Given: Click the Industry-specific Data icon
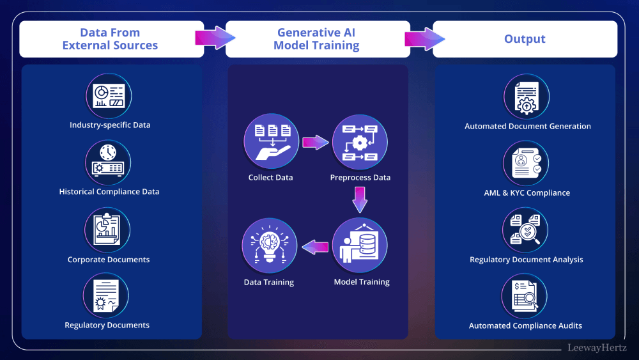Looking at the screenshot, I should [109, 96].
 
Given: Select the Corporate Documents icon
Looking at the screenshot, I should [107, 231].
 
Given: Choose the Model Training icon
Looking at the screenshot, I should [360, 246].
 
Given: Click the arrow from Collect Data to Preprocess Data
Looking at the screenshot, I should [315, 142].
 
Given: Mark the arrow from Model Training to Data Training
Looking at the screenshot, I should [314, 247].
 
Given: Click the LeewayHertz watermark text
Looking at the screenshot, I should [597, 347].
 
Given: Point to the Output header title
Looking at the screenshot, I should [525, 39].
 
